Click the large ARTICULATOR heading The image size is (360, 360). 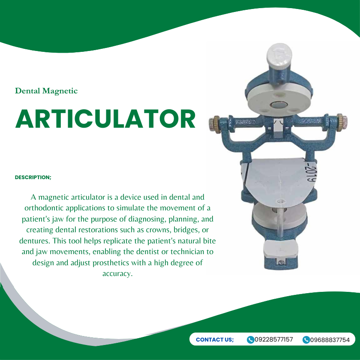click(105, 119)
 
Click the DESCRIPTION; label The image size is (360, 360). click(33, 177)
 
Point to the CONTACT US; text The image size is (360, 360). click(215, 340)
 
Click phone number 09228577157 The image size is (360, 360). click(274, 340)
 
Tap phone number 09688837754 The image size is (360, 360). click(330, 340)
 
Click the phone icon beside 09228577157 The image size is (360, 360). click(251, 340)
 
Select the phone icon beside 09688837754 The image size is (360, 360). click(306, 340)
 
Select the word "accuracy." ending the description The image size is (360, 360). click(117, 273)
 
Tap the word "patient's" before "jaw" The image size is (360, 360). click(38, 219)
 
